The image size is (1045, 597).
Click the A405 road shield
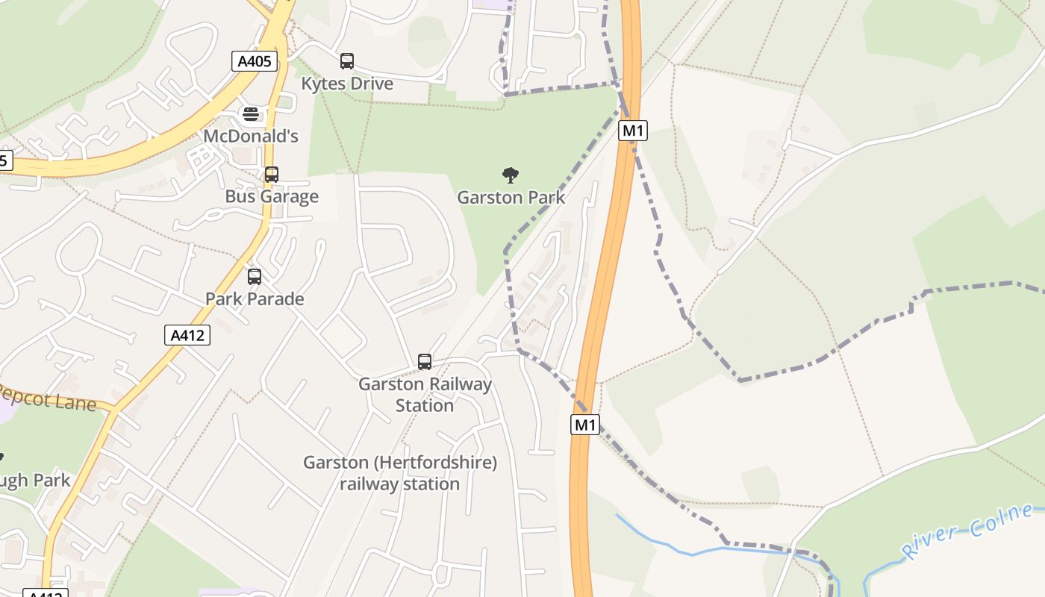[254, 61]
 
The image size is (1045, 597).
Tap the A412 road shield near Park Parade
[187, 335]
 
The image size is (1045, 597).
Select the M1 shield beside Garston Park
[633, 131]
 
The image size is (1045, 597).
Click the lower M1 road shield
[585, 425]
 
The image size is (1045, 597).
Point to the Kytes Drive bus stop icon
[347, 61]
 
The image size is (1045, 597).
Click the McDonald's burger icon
[251, 114]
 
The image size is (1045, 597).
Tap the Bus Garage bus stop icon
[272, 175]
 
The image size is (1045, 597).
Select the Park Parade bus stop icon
[255, 277]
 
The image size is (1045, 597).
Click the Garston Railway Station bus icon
[425, 362]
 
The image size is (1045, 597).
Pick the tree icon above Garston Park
[511, 175]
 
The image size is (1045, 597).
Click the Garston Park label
[511, 198]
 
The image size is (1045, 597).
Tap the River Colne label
[968, 531]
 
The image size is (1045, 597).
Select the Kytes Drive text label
[347, 84]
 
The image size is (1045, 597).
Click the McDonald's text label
[251, 136]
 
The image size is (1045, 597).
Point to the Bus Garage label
[272, 196]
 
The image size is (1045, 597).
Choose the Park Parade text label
[255, 298]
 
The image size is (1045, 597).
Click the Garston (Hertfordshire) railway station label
[400, 473]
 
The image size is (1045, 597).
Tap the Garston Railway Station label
[425, 395]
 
